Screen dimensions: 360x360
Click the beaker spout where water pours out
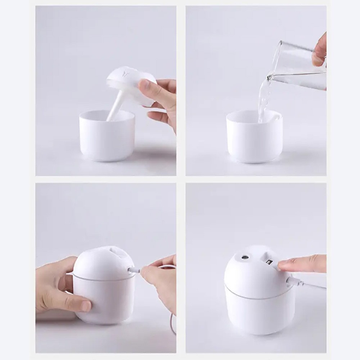click(270, 77)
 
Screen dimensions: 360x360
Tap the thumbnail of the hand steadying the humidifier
click(85, 306)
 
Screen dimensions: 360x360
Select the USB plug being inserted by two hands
click(134, 270)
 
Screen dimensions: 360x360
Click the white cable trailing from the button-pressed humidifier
click(313, 286)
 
